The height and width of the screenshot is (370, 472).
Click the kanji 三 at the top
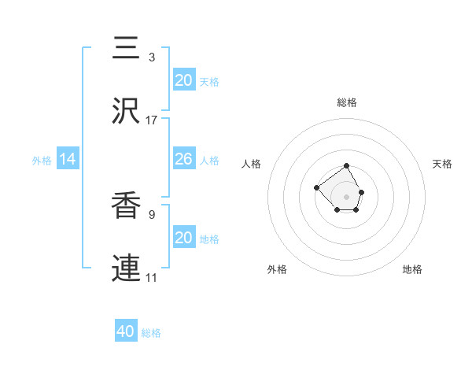tap(128, 48)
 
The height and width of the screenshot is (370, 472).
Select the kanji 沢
tap(128, 111)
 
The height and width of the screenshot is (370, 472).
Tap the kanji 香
tap(128, 205)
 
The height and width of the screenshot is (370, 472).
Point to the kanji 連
tap(128, 268)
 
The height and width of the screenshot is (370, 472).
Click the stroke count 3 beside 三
tap(151, 57)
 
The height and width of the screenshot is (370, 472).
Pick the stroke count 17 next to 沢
tap(151, 120)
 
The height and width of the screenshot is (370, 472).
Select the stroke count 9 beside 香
tap(151, 213)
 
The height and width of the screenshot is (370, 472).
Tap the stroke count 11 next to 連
tap(151, 278)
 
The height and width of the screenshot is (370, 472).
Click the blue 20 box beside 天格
tap(183, 80)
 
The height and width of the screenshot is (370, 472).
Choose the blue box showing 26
tap(183, 159)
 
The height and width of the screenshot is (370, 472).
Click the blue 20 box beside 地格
tap(183, 238)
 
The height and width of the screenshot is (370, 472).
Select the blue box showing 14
tap(68, 159)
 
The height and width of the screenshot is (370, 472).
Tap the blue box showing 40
tap(126, 331)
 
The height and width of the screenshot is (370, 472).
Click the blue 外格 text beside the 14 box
tap(42, 161)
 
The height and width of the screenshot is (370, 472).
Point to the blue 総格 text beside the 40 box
tap(151, 333)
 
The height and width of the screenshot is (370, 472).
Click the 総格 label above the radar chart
tap(347, 102)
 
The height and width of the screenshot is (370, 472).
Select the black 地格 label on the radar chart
tap(412, 269)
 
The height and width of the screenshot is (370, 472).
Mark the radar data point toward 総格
tap(347, 166)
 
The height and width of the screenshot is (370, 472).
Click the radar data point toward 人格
tap(316, 187)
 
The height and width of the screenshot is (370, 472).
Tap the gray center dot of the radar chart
tap(347, 196)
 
